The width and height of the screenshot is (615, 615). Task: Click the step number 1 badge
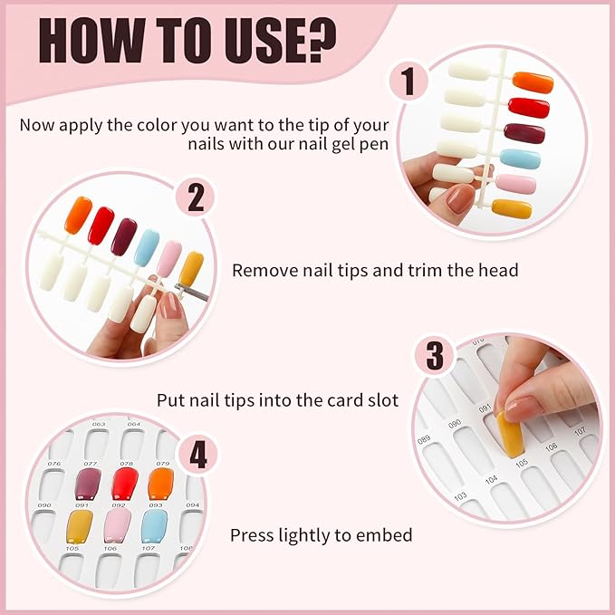tap(408, 82)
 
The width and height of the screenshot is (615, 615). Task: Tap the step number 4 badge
tap(197, 456)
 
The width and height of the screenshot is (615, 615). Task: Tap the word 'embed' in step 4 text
tap(385, 535)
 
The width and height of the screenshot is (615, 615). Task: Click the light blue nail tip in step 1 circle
tap(521, 159)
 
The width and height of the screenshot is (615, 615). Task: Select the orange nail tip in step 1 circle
tap(533, 82)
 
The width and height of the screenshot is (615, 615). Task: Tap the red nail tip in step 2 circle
tap(101, 225)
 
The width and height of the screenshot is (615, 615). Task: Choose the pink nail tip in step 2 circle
tap(169, 258)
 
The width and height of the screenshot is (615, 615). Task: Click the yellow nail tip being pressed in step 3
tap(510, 435)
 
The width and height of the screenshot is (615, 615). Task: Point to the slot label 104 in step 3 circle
tap(491, 478)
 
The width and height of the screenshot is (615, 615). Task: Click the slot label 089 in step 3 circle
tap(424, 440)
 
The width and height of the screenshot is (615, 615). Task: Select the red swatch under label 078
tap(124, 484)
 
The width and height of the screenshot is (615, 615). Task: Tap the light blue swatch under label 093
tap(155, 526)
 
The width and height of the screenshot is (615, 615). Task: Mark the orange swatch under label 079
tap(161, 483)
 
